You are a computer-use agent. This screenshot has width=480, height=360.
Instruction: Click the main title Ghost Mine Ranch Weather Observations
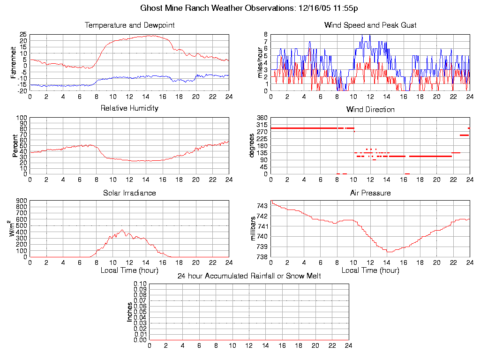pos(249,8)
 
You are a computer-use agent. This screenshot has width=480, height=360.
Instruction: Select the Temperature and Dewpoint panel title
pos(129,25)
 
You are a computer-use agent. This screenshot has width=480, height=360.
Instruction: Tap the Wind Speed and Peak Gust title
pos(370,25)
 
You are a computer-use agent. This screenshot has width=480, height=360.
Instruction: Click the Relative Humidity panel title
pos(129,108)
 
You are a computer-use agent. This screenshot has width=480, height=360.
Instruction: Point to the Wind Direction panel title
pos(370,110)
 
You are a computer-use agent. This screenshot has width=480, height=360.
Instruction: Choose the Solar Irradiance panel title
pos(129,193)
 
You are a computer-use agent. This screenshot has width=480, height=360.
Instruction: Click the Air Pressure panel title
pos(370,193)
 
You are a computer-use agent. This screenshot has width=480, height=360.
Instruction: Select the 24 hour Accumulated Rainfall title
pos(249,276)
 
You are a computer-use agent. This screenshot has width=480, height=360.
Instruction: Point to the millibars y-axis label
pos(254,229)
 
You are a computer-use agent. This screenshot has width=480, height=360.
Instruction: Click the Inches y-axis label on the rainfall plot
pos(130,312)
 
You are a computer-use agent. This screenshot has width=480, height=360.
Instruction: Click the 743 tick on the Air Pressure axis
pos(262,206)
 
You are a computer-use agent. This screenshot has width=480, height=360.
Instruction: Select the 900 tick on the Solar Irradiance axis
pos(22,201)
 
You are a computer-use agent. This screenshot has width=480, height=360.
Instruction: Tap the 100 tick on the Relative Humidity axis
pos(22,118)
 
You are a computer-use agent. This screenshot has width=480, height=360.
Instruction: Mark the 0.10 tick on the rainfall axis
pos(140,284)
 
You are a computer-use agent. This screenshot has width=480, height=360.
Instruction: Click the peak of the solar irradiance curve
pos(122,230)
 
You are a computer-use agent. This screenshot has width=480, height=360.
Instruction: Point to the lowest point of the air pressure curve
pos(389,252)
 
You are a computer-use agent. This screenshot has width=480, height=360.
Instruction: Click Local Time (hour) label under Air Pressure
pos(370,270)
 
